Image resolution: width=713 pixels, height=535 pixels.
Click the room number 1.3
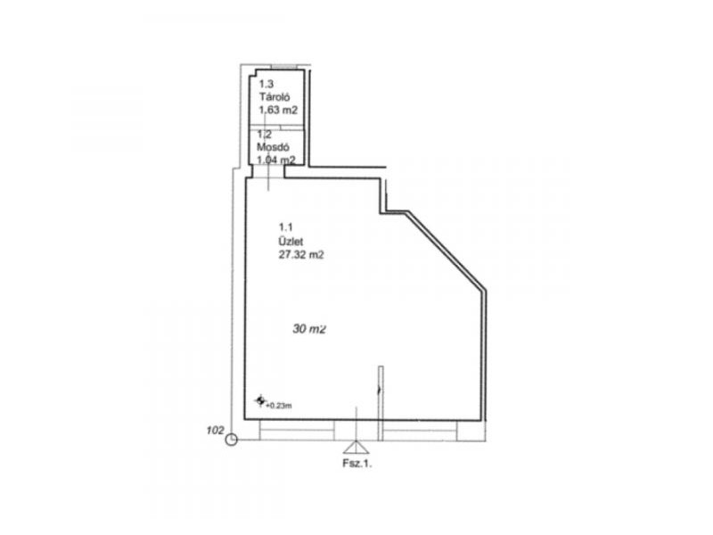(x=266, y=84)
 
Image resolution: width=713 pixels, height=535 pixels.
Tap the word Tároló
(x=275, y=97)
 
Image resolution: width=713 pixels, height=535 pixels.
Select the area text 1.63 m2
(x=278, y=110)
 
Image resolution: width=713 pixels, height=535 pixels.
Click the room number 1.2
(x=264, y=135)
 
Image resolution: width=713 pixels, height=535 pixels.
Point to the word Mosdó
(x=273, y=147)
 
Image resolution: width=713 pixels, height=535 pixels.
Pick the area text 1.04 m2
(x=276, y=160)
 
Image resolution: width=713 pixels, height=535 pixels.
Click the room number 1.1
(x=285, y=227)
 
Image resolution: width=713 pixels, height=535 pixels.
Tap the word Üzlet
(x=291, y=241)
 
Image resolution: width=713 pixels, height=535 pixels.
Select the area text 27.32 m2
(x=301, y=255)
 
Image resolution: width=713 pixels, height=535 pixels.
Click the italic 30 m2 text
(x=309, y=328)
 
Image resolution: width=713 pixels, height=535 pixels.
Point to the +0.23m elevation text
(x=279, y=406)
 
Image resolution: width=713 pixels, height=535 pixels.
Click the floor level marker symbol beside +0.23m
(x=260, y=400)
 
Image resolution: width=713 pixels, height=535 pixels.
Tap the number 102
(x=215, y=430)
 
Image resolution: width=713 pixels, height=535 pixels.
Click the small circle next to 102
(x=232, y=440)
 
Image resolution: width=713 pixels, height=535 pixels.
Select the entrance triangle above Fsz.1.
(x=356, y=448)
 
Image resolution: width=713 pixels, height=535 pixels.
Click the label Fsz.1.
(x=357, y=464)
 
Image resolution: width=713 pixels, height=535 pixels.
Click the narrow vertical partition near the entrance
(x=381, y=404)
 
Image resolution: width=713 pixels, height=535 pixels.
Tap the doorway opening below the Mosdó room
(x=268, y=171)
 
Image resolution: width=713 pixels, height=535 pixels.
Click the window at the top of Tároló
(x=284, y=67)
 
